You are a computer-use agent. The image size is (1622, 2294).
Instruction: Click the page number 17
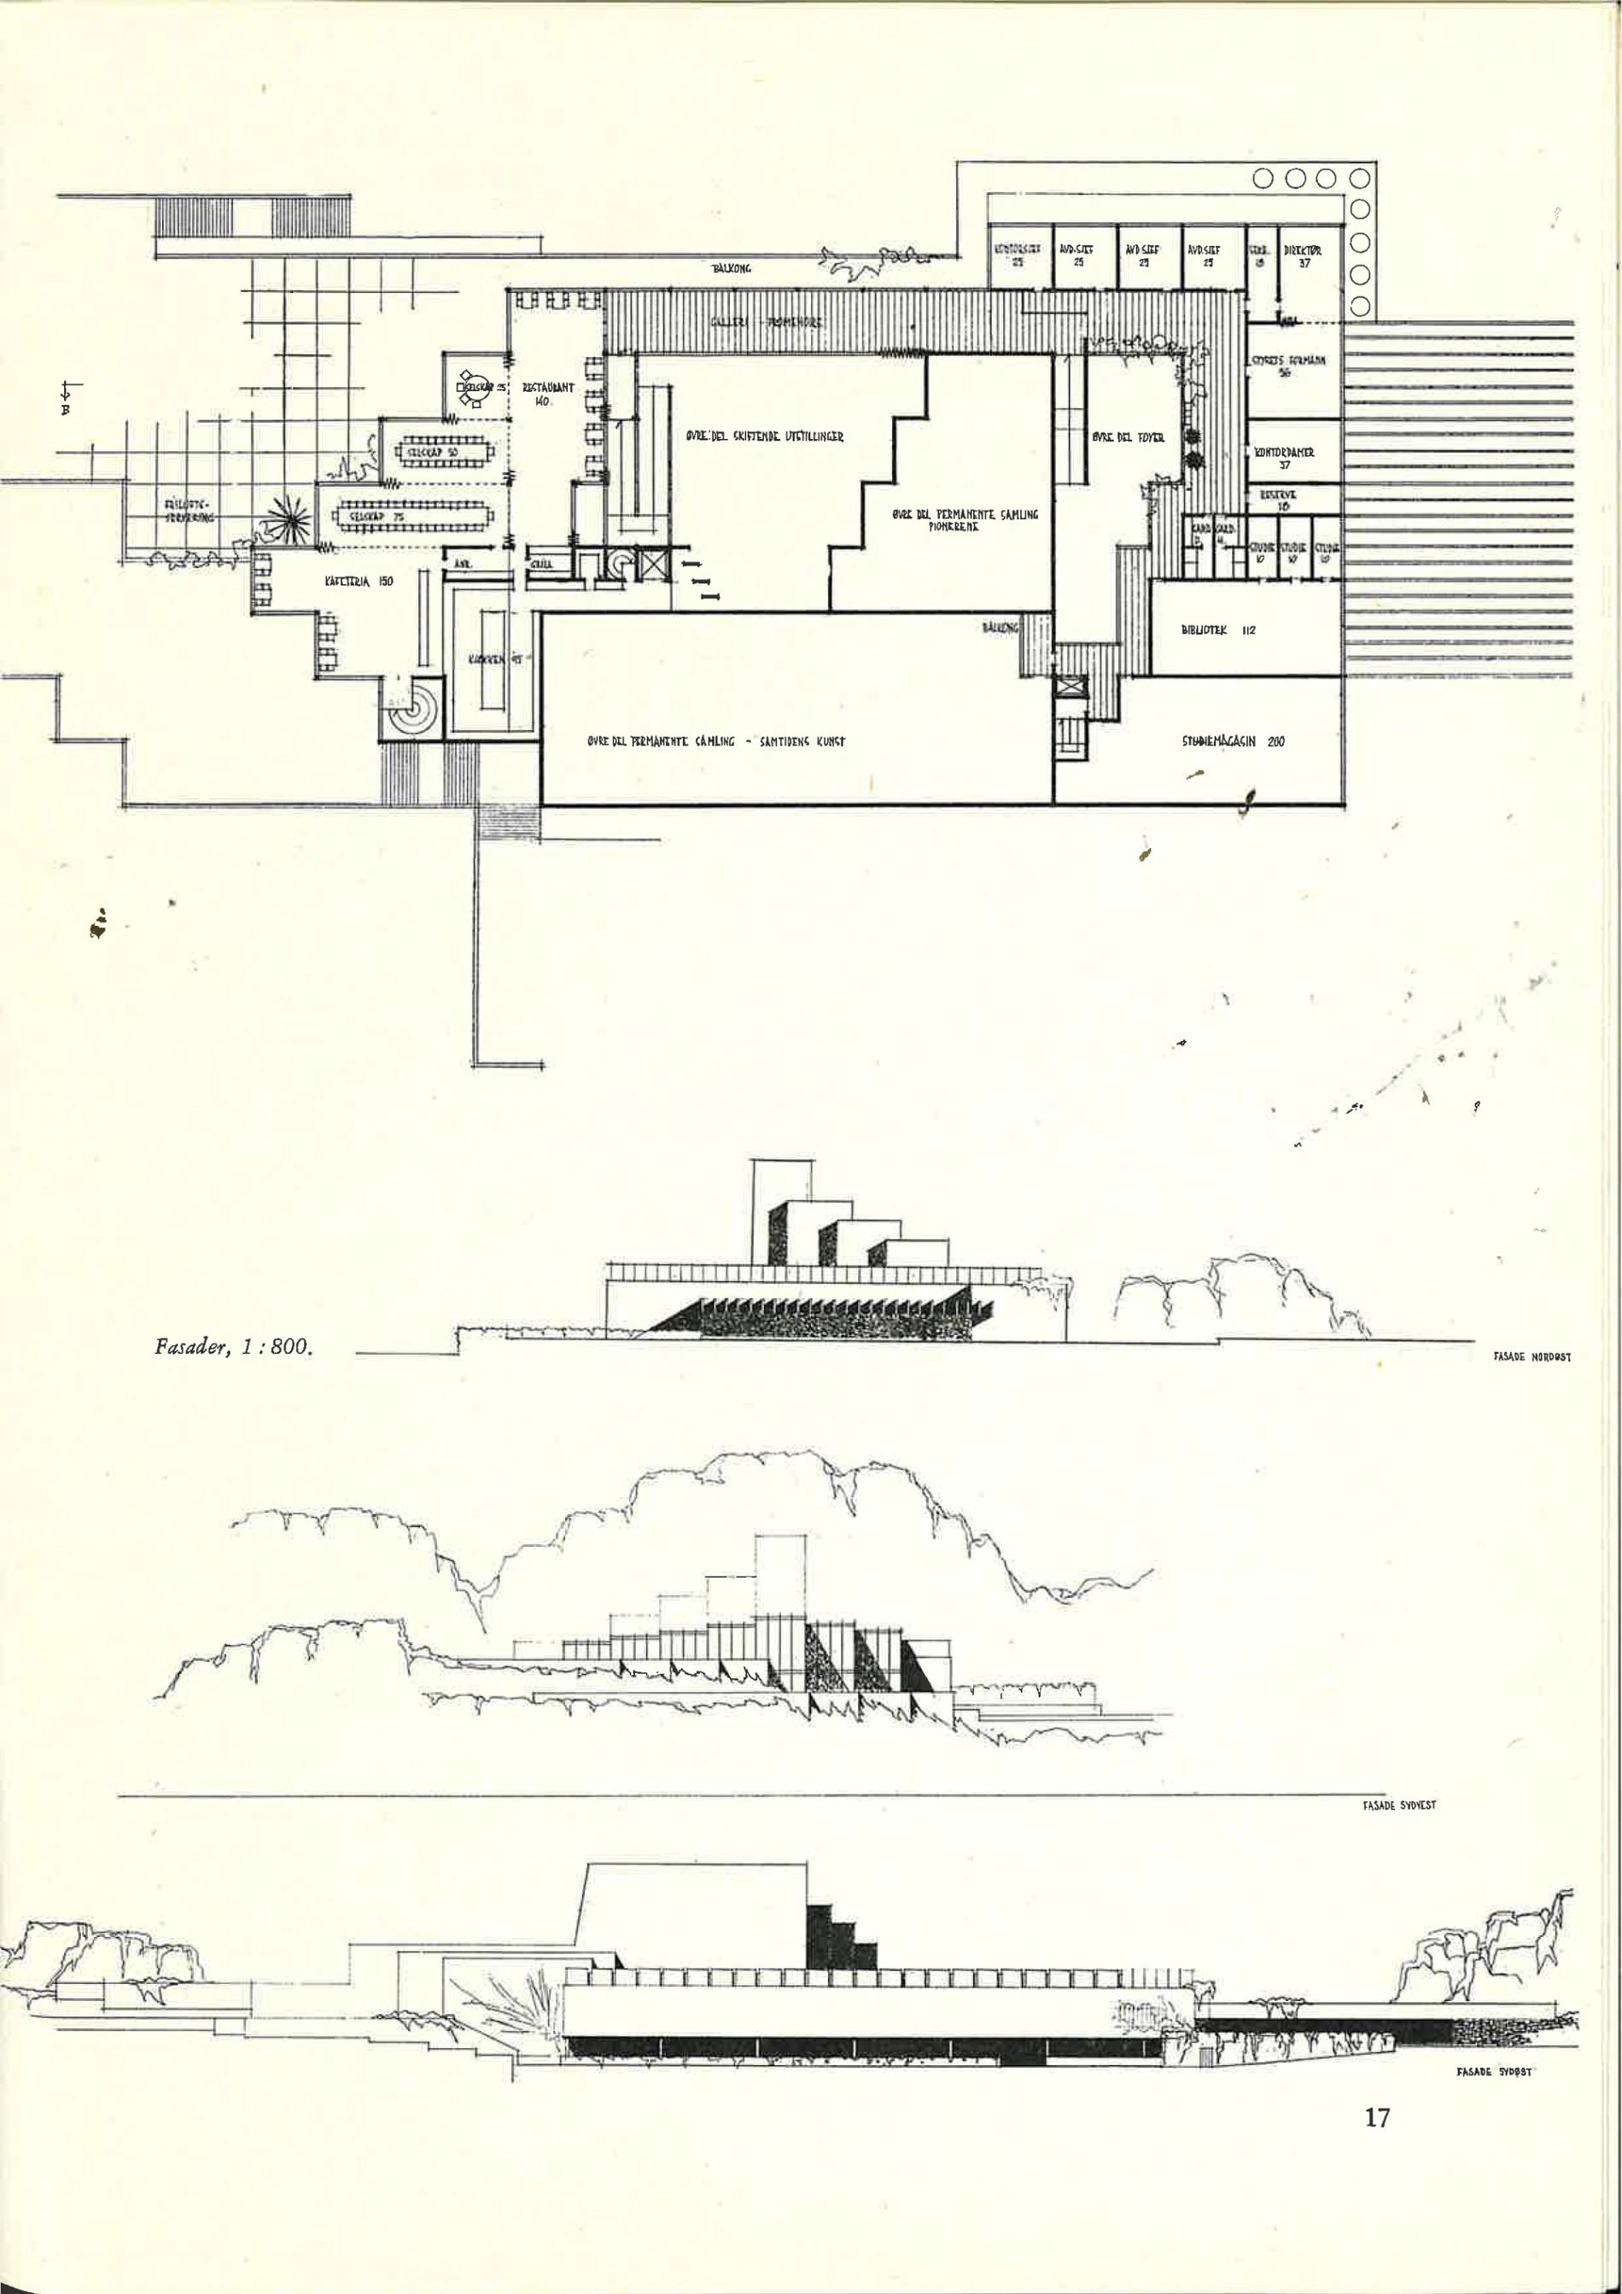click(x=1376, y=2116)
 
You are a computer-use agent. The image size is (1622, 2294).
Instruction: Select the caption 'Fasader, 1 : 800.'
click(x=234, y=1346)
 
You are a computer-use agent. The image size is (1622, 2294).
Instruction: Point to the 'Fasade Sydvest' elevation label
click(x=1398, y=1805)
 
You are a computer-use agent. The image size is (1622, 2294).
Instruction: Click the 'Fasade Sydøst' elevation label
click(x=1493, y=2072)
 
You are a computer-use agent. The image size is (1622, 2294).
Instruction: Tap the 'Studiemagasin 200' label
click(x=1233, y=741)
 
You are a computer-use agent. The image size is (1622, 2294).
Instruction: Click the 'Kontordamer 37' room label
click(x=1285, y=457)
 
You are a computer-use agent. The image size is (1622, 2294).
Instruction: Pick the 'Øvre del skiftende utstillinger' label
click(x=764, y=436)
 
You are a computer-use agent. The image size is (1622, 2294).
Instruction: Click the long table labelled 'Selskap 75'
click(x=412, y=518)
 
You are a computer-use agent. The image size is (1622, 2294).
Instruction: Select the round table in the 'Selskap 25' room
click(x=470, y=388)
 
